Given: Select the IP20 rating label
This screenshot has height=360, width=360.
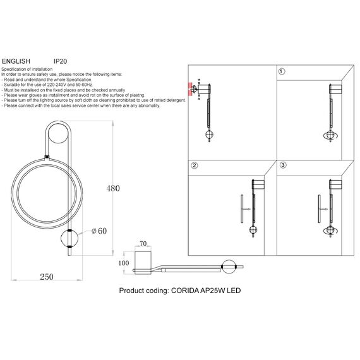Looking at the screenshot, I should click(61, 61).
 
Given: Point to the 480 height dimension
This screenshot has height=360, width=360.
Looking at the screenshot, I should click(112, 188).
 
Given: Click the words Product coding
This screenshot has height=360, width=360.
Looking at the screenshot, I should click(141, 292).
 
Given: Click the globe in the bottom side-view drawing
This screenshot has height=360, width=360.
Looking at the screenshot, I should click(230, 267).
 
